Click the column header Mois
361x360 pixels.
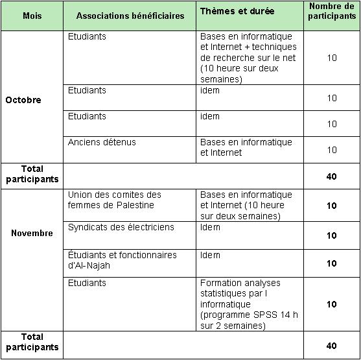[x=31, y=16]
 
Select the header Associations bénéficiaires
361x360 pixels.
[x=130, y=16]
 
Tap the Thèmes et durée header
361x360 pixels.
[x=237, y=12]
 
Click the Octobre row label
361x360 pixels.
[x=23, y=100]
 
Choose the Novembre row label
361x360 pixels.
[x=32, y=233]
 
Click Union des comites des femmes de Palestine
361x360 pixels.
[x=114, y=200]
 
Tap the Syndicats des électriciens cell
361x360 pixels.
[x=111, y=228]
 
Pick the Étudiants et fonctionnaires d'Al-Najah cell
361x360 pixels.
[x=122, y=259]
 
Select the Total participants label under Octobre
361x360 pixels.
[x=32, y=173]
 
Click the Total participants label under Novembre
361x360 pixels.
[x=32, y=341]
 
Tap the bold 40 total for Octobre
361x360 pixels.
[x=332, y=176]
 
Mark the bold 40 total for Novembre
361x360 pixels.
[x=332, y=346]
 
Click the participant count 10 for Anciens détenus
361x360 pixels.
[x=332, y=150]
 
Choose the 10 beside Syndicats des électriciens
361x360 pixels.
[x=332, y=235]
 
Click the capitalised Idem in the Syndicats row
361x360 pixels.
[x=210, y=228]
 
